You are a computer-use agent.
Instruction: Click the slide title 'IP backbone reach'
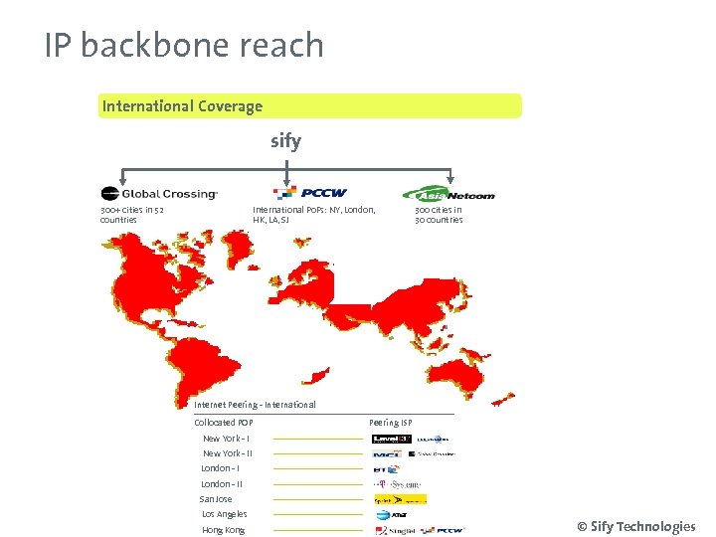(x=184, y=46)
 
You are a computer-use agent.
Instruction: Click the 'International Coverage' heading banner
(x=183, y=106)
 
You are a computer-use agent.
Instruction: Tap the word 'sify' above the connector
(x=285, y=141)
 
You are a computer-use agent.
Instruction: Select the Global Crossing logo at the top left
(x=159, y=194)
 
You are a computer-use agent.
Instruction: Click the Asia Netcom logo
(x=448, y=194)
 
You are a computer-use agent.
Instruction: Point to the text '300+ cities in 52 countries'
(x=132, y=215)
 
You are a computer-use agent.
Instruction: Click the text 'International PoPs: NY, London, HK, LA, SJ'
(x=314, y=215)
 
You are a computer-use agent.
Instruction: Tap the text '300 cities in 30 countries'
(x=439, y=215)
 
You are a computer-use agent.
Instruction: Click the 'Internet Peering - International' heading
(x=255, y=405)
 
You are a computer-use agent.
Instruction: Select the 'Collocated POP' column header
(x=224, y=423)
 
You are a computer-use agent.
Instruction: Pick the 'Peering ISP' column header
(x=390, y=423)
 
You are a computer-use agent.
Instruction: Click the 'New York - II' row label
(x=228, y=453)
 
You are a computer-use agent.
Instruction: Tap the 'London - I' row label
(x=220, y=468)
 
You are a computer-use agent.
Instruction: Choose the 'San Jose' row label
(x=216, y=499)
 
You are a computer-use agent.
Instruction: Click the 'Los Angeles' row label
(x=224, y=514)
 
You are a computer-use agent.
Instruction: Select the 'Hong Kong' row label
(x=223, y=530)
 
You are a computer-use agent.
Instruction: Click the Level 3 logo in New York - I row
(x=391, y=439)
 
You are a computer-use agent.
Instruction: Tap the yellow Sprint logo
(x=400, y=499)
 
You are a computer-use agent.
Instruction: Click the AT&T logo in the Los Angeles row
(x=389, y=515)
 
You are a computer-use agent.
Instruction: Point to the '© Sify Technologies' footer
(x=636, y=527)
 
